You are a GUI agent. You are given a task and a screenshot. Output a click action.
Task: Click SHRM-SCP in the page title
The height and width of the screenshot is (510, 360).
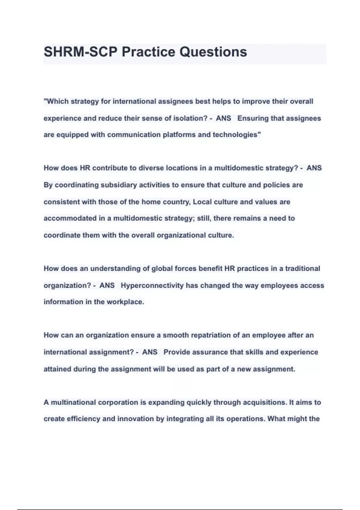[80, 52]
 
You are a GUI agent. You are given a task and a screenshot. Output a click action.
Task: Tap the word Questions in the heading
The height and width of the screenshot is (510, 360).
[213, 52]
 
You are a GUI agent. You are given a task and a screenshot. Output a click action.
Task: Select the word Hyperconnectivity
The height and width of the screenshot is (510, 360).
[152, 285]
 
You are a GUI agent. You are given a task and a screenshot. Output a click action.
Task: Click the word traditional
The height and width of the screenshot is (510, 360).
[302, 268]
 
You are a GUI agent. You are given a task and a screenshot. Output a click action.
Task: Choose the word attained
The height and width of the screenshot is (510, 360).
[57, 369]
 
